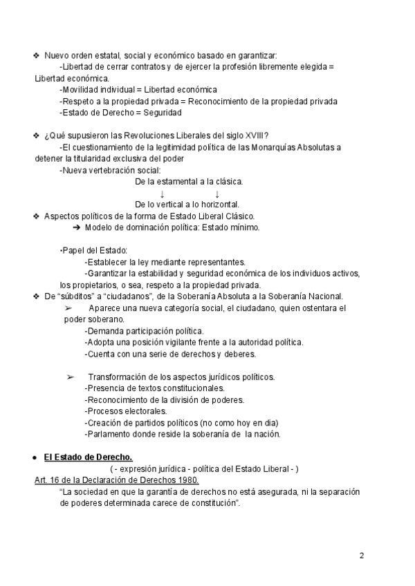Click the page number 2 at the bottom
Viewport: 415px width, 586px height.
point(362,556)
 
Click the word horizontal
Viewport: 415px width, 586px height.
point(215,205)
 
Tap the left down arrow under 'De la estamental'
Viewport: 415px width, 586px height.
point(161,193)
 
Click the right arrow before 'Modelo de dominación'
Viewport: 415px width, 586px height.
point(77,228)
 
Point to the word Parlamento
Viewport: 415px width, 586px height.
point(109,434)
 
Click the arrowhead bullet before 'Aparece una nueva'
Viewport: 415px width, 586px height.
point(68,308)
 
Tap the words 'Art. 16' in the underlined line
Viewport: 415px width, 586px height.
point(47,480)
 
